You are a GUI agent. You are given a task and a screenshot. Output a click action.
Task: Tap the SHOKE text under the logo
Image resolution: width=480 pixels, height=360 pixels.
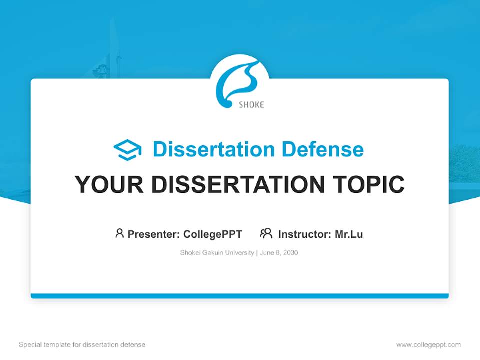click(251, 105)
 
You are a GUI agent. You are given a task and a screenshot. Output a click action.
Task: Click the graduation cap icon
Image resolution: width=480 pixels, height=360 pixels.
click(127, 150)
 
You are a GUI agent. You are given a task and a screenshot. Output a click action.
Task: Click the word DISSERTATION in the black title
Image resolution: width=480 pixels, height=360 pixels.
click(234, 185)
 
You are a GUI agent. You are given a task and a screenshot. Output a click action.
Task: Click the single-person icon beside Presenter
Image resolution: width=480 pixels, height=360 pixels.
click(119, 233)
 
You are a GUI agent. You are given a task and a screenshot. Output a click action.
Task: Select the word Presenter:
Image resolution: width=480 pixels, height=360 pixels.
click(154, 234)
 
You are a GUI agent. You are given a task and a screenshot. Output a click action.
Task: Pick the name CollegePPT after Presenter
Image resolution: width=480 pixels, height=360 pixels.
click(212, 234)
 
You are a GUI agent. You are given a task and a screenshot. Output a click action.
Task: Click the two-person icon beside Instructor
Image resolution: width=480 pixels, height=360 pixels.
click(266, 233)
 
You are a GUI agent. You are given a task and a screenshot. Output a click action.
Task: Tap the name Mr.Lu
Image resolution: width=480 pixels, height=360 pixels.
click(349, 234)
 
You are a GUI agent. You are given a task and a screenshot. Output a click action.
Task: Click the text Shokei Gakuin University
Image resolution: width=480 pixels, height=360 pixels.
click(217, 253)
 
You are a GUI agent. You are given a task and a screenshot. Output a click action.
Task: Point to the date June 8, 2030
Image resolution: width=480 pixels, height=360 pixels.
click(279, 253)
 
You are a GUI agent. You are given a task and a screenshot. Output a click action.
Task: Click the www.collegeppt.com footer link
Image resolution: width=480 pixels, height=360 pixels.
click(428, 344)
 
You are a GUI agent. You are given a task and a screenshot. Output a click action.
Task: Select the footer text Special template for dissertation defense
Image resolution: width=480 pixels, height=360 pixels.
click(82, 344)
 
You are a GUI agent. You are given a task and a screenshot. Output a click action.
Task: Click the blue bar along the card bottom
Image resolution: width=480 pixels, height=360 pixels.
click(240, 296)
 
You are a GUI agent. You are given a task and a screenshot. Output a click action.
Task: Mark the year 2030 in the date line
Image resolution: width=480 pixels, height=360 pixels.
click(290, 253)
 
